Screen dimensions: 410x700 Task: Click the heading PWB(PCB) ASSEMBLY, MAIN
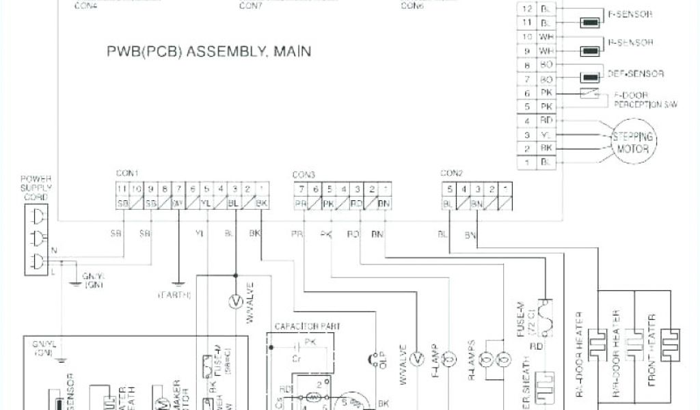(208, 51)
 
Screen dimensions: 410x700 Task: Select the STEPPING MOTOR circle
(632, 141)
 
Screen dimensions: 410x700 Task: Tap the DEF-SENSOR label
(635, 73)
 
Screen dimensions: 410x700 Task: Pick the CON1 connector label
(127, 173)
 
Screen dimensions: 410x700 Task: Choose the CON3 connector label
(304, 174)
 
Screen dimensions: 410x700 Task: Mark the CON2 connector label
(452, 173)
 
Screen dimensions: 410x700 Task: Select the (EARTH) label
(174, 295)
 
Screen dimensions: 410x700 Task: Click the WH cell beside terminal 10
(547, 36)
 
